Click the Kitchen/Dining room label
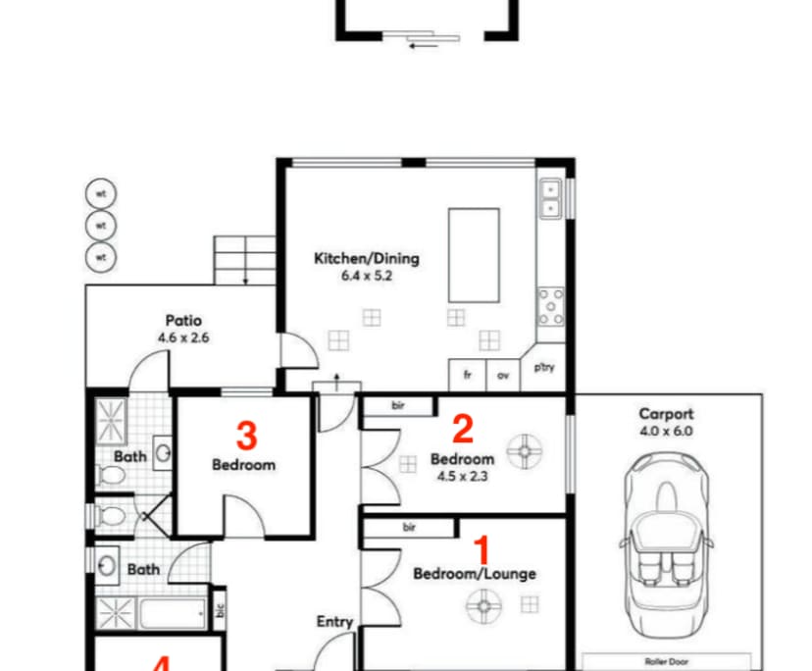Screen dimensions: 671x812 coord(366,259)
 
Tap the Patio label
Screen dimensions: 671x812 coord(183,321)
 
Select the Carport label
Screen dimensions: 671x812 coord(666,414)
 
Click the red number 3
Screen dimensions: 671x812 coord(248,434)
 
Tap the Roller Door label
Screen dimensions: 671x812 coord(666,661)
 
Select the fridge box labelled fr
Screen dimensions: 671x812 coord(468,375)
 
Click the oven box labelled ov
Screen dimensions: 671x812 coord(503,375)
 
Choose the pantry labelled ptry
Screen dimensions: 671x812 coord(544,368)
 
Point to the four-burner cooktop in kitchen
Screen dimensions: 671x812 coord(551,306)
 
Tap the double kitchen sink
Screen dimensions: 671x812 coord(551,199)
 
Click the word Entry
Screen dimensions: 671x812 coord(334,621)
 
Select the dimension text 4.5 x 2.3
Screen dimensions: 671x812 coord(462,477)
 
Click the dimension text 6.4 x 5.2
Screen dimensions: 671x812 coord(366,277)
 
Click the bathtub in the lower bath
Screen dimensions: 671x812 coord(171,615)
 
